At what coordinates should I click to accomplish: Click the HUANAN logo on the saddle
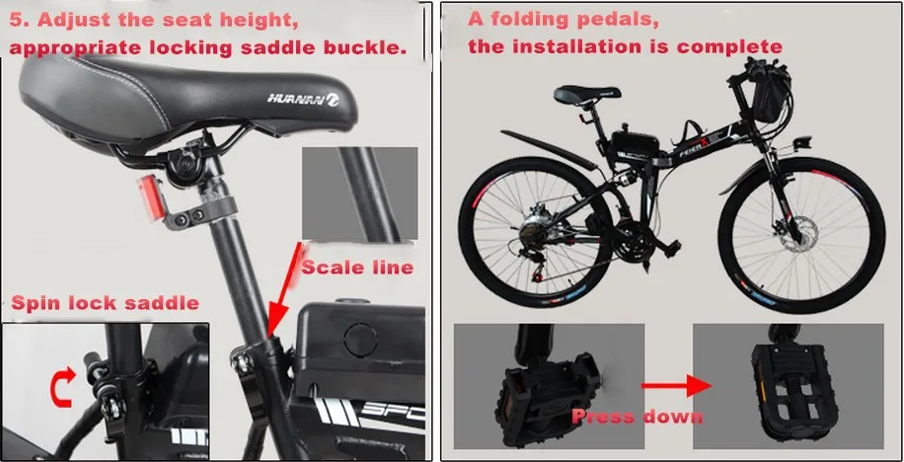point(303,99)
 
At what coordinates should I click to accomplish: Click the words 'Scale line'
point(357,268)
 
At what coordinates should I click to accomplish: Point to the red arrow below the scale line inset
point(285,289)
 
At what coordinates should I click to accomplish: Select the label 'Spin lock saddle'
point(105,303)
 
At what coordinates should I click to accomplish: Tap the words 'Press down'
point(638,416)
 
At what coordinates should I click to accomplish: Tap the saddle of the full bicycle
point(587,94)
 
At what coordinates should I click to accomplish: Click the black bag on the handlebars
point(770,98)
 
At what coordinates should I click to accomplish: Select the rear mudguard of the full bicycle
point(549,149)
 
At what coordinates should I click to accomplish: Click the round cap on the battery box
point(361,340)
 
